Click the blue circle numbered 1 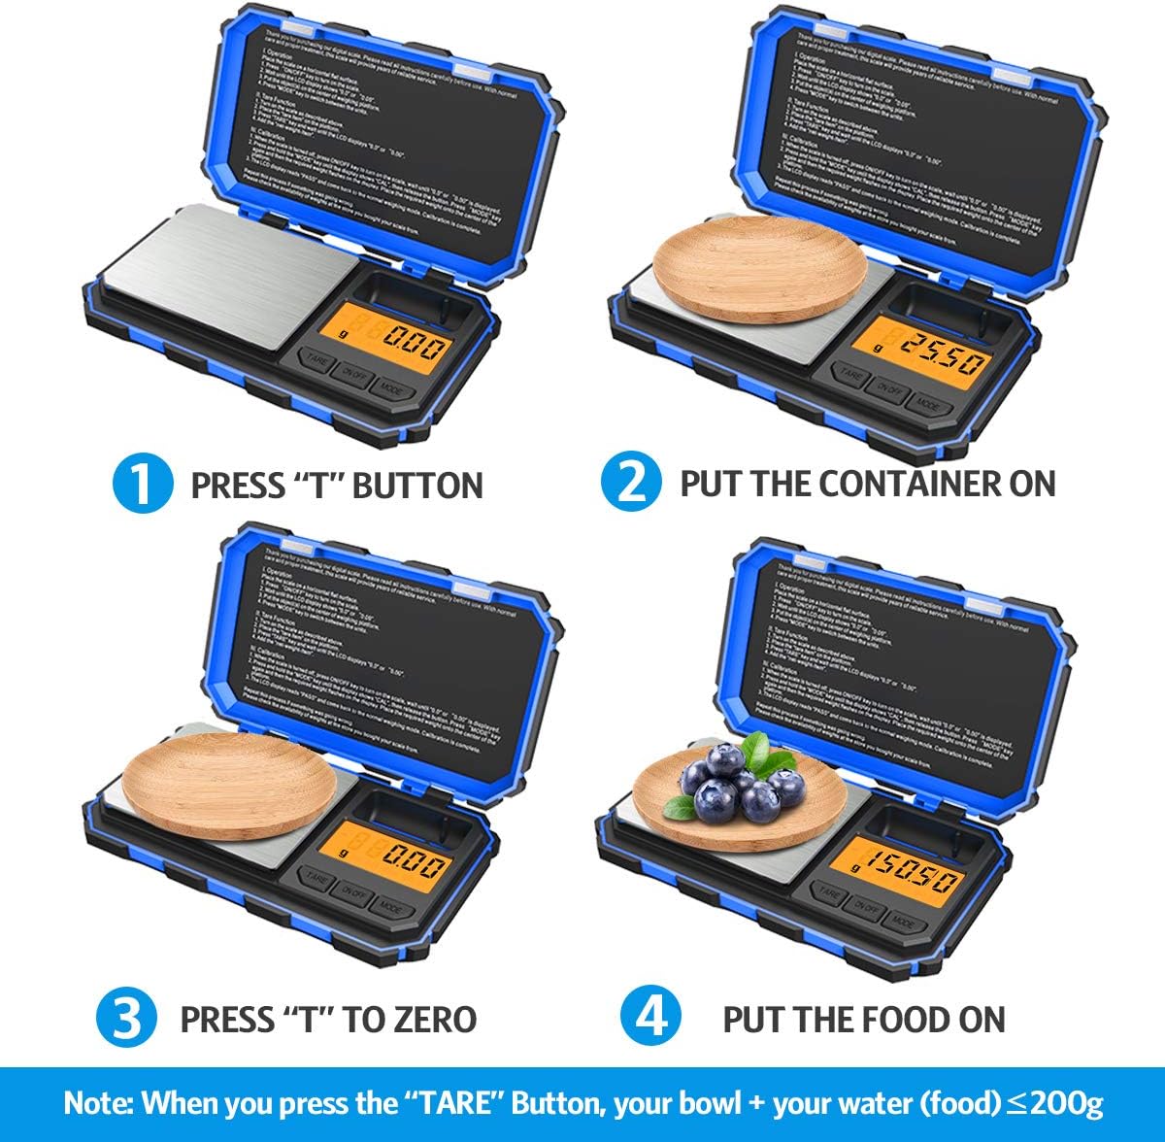[141, 484]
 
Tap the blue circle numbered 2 [631, 483]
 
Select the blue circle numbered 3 [126, 1019]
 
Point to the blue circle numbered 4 [649, 1018]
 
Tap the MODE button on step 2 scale [928, 405]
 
